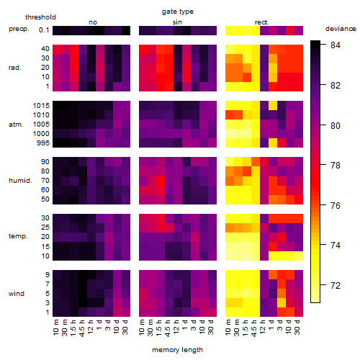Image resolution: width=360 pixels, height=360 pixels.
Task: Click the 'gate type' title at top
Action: [x=178, y=12]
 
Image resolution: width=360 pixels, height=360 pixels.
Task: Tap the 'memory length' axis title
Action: [x=178, y=350]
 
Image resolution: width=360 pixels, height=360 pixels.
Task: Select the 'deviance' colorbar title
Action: [x=341, y=29]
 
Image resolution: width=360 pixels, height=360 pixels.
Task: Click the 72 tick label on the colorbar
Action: [x=336, y=285]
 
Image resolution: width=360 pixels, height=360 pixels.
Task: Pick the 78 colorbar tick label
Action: [x=336, y=165]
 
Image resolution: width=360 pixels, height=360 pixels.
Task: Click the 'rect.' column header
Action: [x=261, y=22]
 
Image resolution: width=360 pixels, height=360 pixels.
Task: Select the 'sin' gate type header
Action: [x=177, y=22]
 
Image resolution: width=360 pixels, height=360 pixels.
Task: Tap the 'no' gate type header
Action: [x=93, y=22]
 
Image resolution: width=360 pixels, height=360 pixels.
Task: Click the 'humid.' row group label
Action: [x=20, y=181]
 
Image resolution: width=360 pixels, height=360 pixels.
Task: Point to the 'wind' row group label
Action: [x=17, y=294]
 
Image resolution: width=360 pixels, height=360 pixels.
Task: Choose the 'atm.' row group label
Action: [x=16, y=125]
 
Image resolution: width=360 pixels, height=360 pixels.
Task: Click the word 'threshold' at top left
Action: [x=40, y=17]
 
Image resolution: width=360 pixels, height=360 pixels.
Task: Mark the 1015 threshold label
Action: [x=41, y=105]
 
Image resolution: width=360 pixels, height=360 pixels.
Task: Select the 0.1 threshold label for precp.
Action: [x=44, y=30]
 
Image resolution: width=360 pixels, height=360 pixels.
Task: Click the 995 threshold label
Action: [x=43, y=143]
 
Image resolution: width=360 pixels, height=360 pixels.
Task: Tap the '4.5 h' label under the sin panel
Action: [x=168, y=328]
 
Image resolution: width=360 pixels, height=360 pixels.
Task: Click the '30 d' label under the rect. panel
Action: [x=297, y=328]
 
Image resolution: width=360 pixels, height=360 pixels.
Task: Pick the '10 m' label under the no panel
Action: [x=55, y=328]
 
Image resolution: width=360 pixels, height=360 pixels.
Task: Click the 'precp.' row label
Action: [x=19, y=29]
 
